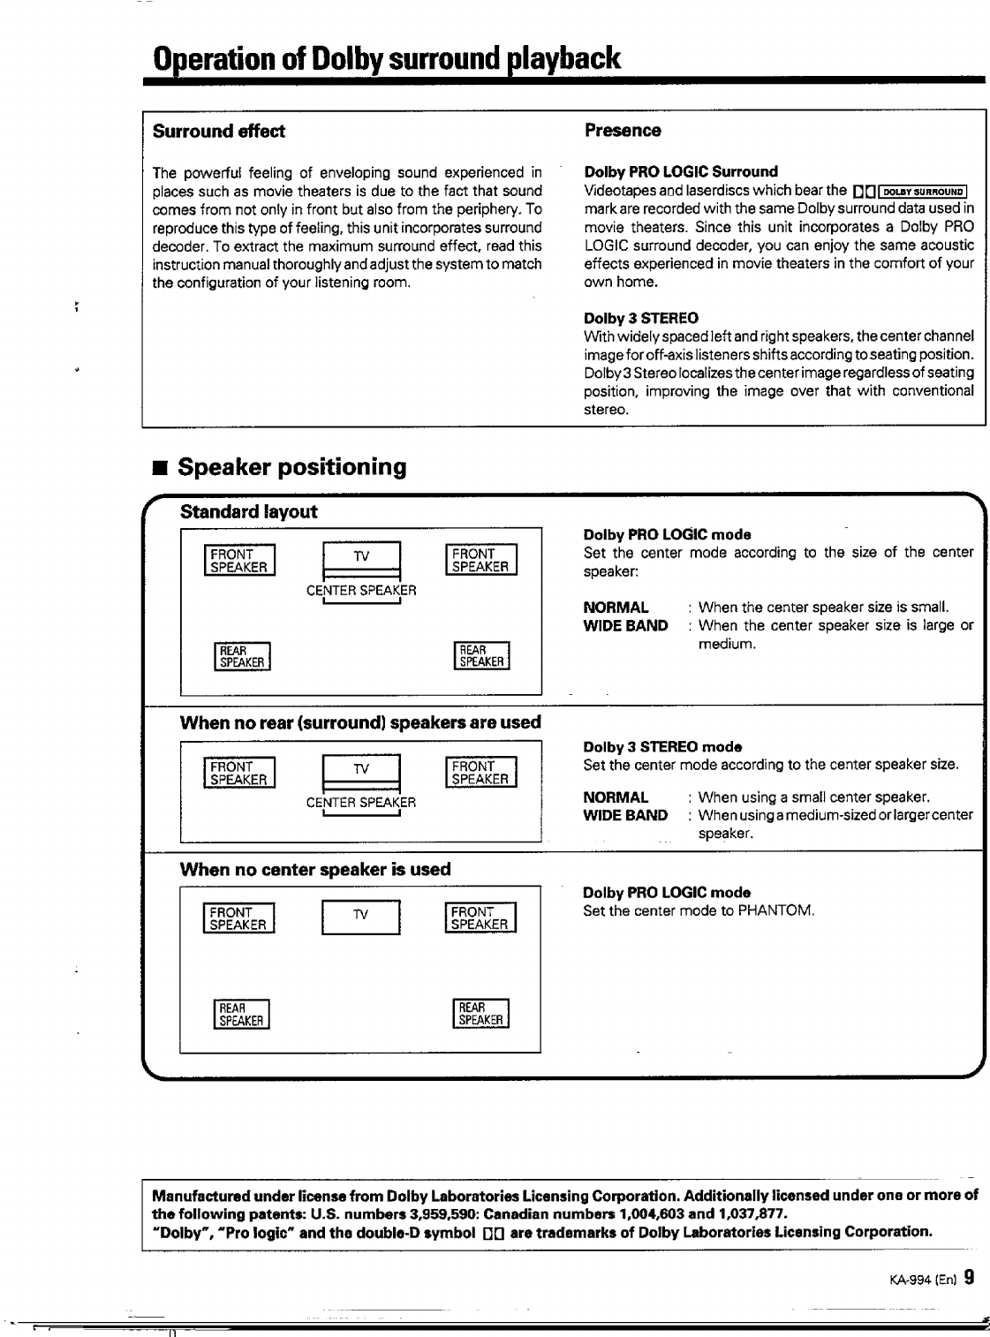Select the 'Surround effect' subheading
[219, 132]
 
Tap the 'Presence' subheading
[623, 131]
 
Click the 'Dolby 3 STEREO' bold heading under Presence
[640, 318]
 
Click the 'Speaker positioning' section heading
[291, 467]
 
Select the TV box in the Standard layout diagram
[362, 556]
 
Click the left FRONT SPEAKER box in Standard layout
[239, 561]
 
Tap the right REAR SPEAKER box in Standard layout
[481, 656]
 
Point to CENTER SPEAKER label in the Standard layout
[361, 590]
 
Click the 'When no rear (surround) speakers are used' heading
[360, 722]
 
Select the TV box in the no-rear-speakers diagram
[361, 769]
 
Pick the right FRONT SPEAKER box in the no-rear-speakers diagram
[480, 773]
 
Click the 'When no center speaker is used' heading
[315, 869]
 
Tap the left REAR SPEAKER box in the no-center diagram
[241, 1015]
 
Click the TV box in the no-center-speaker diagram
[361, 916]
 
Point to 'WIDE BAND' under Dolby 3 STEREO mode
[625, 815]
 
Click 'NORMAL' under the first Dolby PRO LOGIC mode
[616, 608]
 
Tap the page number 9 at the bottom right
[969, 1277]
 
